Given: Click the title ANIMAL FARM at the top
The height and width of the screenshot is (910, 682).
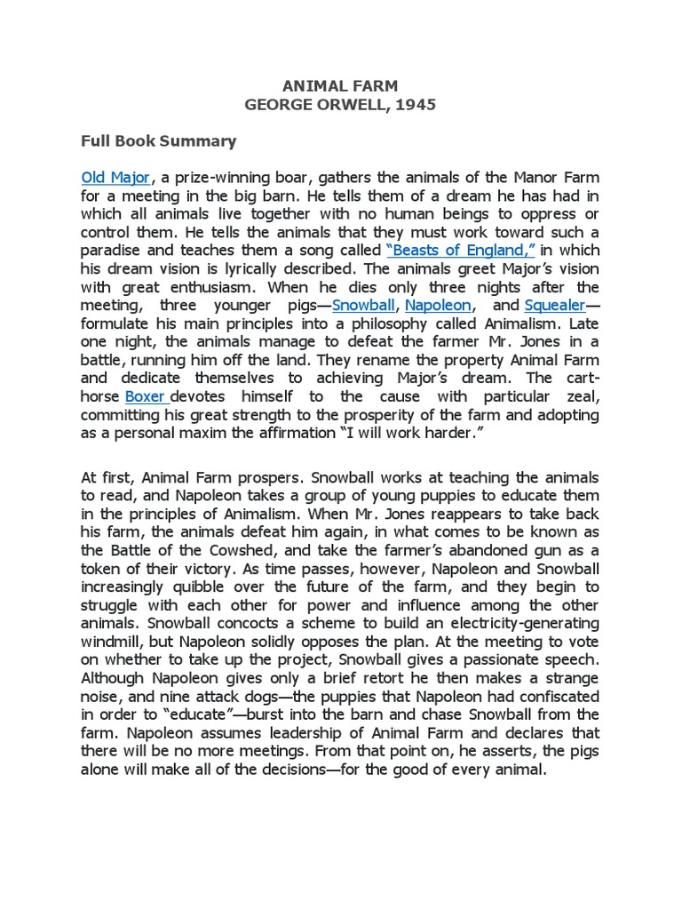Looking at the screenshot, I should (340, 86).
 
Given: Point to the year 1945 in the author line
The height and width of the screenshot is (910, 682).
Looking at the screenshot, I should (416, 105).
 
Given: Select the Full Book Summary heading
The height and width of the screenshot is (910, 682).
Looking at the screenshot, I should (159, 140).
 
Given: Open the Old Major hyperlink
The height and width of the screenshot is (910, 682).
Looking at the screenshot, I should (115, 178).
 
